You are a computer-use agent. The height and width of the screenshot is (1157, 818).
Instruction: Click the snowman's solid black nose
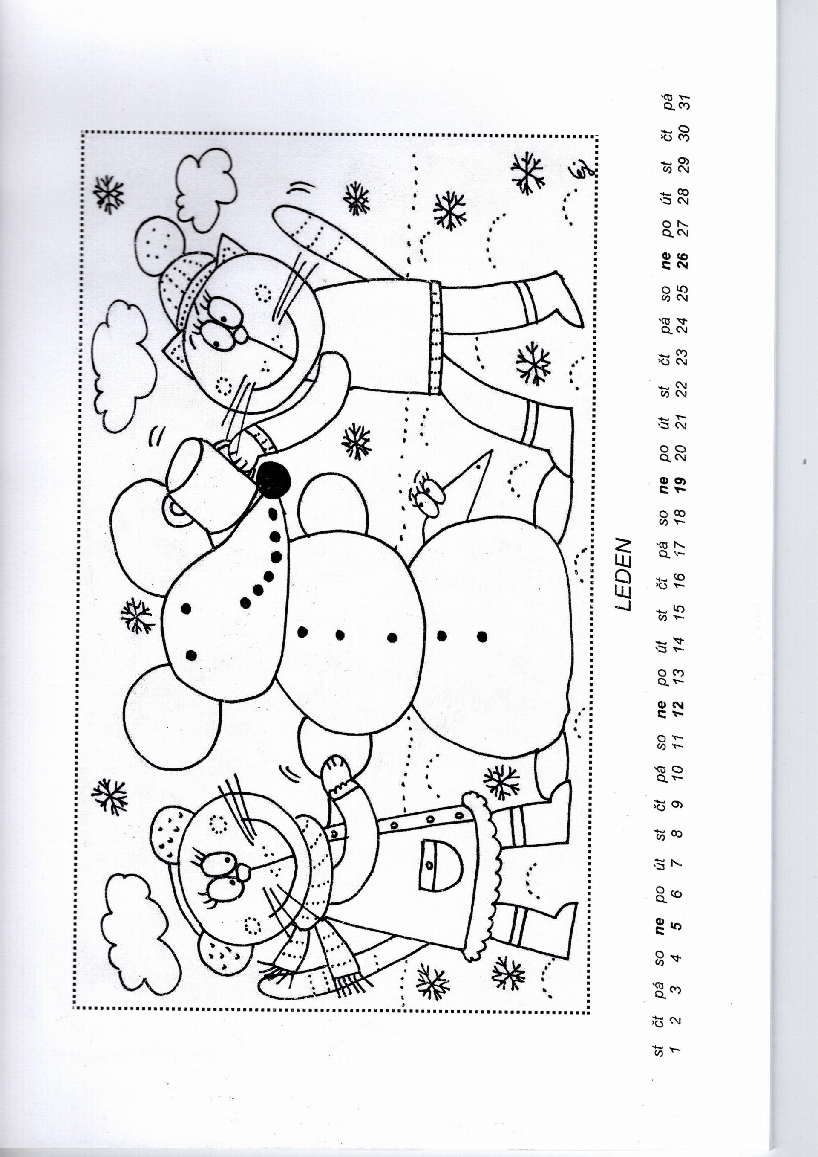(272, 479)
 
